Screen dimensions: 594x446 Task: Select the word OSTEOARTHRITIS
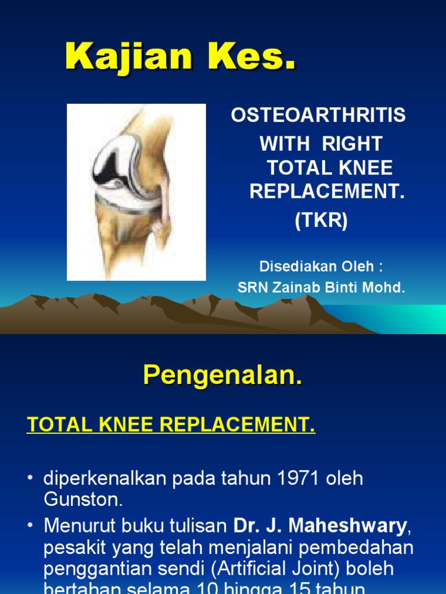[318, 115]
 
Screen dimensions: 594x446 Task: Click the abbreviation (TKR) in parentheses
[321, 221]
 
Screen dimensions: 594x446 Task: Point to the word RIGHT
[354, 143]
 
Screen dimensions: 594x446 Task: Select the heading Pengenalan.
[223, 376]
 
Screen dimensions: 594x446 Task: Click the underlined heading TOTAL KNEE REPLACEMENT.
[171, 426]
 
